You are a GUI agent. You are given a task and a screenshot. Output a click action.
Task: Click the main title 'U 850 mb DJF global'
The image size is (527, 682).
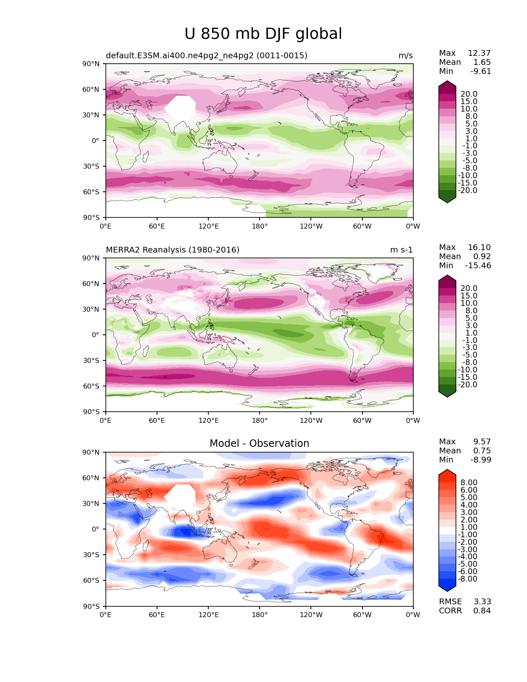click(263, 34)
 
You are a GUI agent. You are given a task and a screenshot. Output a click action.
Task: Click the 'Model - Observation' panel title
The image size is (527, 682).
click(259, 443)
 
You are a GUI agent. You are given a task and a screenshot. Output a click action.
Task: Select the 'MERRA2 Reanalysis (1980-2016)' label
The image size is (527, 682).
click(173, 250)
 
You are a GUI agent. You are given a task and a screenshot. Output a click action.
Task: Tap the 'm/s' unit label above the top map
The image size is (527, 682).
click(405, 55)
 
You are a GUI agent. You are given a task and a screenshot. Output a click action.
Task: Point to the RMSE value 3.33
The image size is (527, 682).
click(482, 601)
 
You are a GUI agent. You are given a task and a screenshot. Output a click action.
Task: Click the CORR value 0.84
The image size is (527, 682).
click(482, 610)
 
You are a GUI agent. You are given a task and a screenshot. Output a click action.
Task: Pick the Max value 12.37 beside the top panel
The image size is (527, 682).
click(479, 53)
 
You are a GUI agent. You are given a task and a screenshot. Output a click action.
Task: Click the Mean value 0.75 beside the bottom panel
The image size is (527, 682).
click(482, 451)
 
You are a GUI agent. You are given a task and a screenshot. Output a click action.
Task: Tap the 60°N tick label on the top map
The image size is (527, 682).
click(91, 89)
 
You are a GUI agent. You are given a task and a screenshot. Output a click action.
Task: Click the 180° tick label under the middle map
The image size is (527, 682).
click(260, 420)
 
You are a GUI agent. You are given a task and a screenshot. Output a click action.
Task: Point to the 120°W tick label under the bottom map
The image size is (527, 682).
click(311, 615)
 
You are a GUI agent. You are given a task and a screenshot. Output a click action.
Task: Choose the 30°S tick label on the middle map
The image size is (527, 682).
click(91, 360)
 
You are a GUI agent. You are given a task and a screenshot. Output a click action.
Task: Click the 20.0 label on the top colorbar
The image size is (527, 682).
click(469, 94)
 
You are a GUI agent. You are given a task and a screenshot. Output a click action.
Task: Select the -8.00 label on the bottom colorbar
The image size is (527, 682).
click(467, 579)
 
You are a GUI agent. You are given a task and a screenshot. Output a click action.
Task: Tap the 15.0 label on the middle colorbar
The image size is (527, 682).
click(469, 296)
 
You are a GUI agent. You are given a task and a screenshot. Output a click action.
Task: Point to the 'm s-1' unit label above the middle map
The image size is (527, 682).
click(401, 250)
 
